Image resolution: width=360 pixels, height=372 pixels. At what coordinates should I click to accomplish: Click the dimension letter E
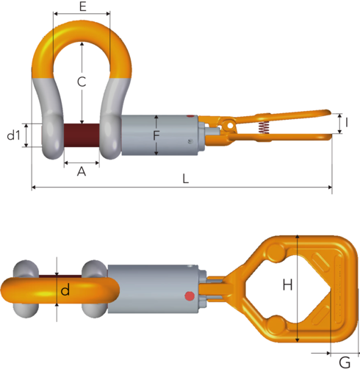click(x=82, y=7)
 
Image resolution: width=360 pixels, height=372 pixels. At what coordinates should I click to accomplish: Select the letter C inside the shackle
click(x=82, y=81)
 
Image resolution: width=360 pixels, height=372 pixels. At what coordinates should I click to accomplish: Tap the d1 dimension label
click(x=12, y=136)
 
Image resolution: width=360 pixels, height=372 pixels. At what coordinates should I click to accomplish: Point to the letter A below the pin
click(x=82, y=171)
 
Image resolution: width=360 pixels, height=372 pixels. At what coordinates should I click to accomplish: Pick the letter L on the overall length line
click(x=186, y=179)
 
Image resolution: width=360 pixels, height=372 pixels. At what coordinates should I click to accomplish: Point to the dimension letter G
click(x=344, y=361)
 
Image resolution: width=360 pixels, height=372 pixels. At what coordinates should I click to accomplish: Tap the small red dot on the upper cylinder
click(x=191, y=117)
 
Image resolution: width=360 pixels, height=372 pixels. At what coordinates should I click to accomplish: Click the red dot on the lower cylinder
click(x=190, y=297)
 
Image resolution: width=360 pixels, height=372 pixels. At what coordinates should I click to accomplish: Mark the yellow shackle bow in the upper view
click(x=82, y=33)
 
